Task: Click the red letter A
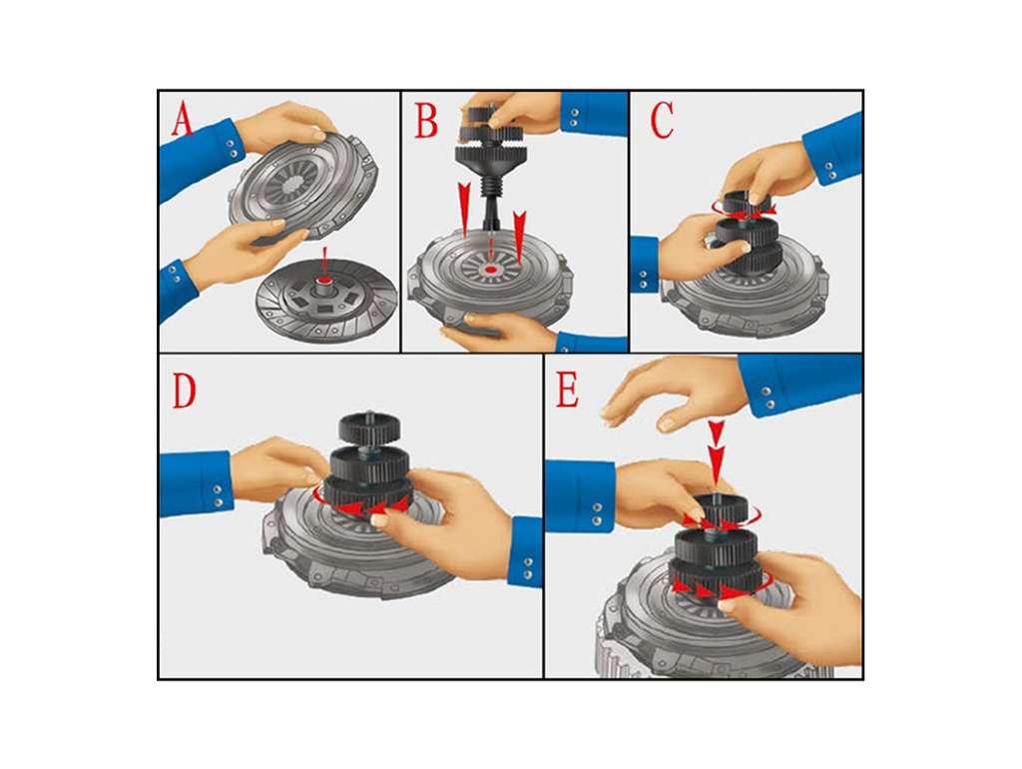pos(183,122)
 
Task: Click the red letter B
pos(427,122)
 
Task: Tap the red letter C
pos(663,122)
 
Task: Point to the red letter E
pos(567,391)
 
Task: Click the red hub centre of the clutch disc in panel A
pos(324,281)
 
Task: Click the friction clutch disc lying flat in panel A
pos(326,299)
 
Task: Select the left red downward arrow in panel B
pos(464,208)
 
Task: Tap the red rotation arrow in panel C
pos(743,209)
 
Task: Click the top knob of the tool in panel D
pos(369,427)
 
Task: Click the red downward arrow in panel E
pos(717,451)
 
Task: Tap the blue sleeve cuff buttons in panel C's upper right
pos(829,170)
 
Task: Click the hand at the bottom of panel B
pos(499,330)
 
